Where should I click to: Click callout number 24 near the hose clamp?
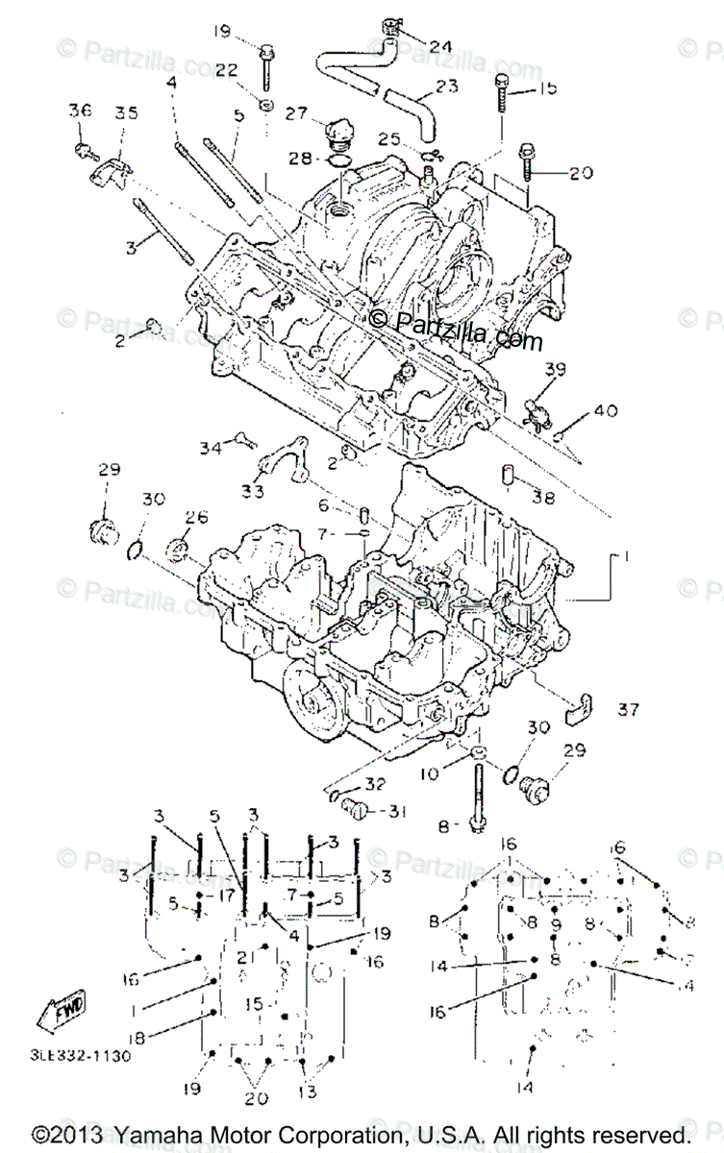(x=439, y=45)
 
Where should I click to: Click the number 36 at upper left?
(x=81, y=110)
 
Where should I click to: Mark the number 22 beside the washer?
(x=226, y=69)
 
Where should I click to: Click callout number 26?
(x=196, y=517)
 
